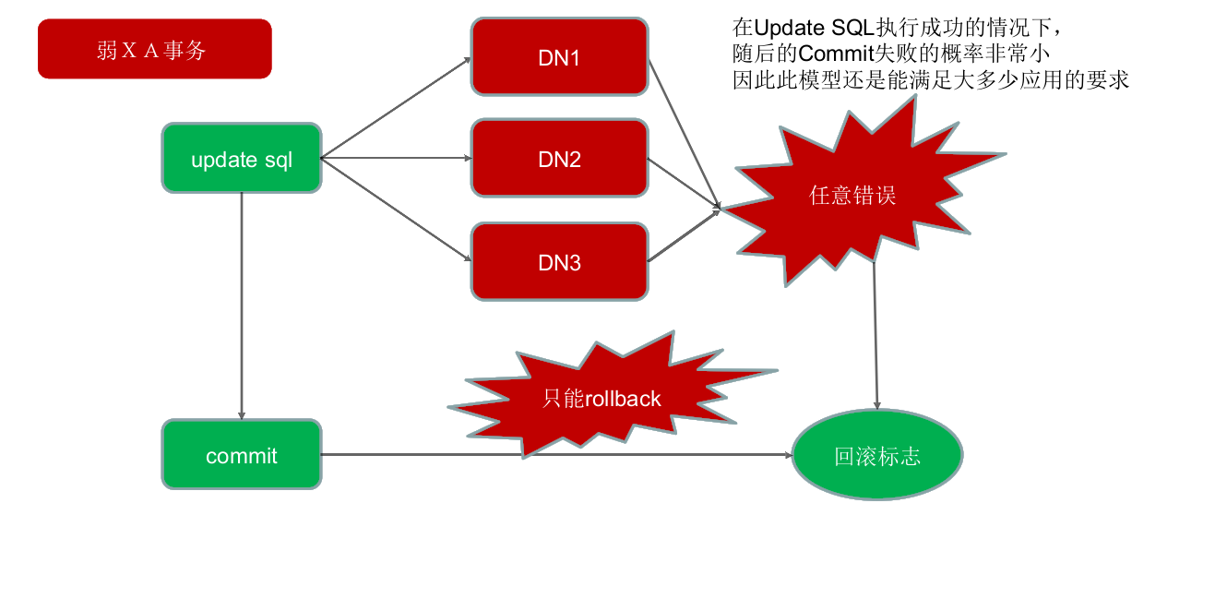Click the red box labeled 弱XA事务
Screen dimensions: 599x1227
click(154, 50)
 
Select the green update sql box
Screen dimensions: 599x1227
click(242, 159)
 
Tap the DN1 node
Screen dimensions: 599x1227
click(559, 57)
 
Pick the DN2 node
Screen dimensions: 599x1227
click(559, 159)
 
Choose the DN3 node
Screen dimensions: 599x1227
click(559, 262)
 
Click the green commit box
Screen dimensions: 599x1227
click(242, 455)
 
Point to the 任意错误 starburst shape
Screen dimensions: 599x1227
click(852, 196)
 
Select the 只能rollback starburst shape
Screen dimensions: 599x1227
click(602, 398)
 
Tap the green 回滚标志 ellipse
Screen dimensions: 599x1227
click(877, 456)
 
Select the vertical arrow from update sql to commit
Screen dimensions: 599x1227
click(241, 305)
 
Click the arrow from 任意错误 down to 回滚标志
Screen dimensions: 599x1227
click(876, 332)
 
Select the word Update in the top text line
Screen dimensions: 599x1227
click(790, 27)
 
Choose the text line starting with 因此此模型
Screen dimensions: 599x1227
click(931, 79)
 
